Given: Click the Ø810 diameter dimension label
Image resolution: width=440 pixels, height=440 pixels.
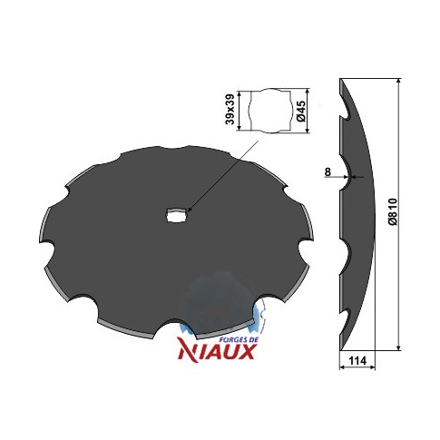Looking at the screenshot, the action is (x=393, y=211).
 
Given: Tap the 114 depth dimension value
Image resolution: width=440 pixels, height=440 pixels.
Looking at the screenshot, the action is (x=357, y=360).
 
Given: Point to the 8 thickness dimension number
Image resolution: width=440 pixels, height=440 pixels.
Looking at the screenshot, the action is (x=328, y=171).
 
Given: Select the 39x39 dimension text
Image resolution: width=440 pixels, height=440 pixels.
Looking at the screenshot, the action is (x=230, y=109).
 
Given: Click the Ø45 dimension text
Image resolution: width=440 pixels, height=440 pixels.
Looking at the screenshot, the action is (x=301, y=112).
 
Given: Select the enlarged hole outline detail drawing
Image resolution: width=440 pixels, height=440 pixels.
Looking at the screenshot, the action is (x=271, y=111).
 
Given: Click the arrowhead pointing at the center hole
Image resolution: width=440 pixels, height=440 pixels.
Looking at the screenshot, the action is (x=189, y=209).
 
